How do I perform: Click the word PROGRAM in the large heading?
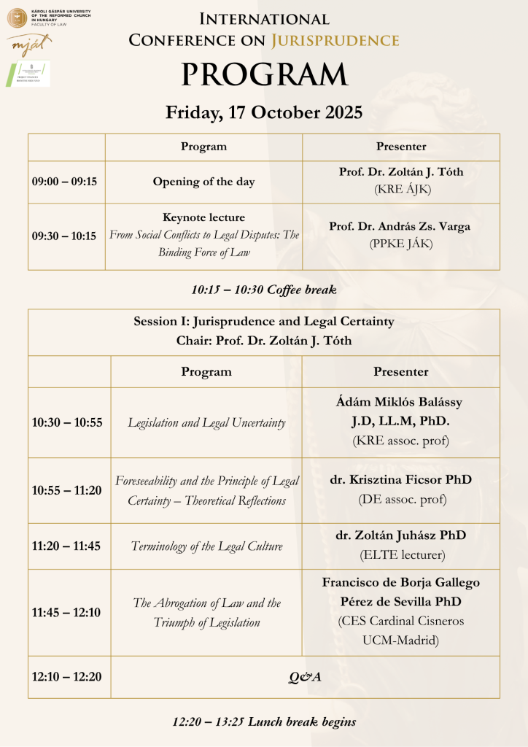coord(264,75)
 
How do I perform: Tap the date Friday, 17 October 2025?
coord(264,113)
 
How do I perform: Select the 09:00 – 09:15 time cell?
coord(64,182)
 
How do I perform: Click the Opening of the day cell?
coord(203,182)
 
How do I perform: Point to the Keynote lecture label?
coord(203,217)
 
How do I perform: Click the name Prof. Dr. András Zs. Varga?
coord(400,226)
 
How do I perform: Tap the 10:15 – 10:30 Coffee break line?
coord(264,290)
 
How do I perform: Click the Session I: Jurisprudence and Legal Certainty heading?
coord(264,321)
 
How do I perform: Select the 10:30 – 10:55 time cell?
coord(67,422)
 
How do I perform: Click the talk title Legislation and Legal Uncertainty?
coord(206,422)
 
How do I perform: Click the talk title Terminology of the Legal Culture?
coord(206,546)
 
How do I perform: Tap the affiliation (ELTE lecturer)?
coord(400,555)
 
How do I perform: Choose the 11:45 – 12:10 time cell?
coord(67,612)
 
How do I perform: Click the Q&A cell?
coord(305,677)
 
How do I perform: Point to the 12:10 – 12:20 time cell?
coord(67,677)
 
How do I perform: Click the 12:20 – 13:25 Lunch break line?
coord(264,722)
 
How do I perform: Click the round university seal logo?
coord(16,14)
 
